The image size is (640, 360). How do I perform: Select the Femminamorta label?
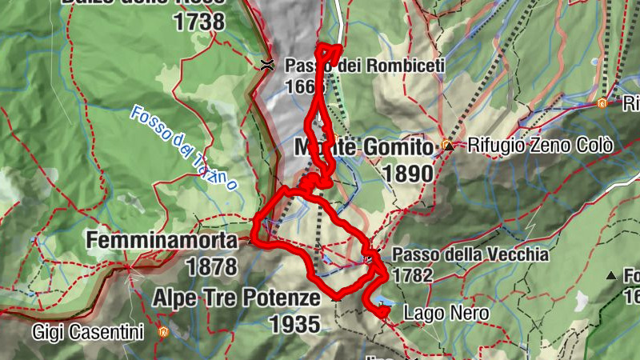coord(162,240)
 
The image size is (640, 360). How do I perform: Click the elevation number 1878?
coord(211,265)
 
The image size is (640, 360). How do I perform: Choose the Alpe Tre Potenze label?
coord(237,298)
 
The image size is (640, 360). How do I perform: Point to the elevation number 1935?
coord(294,324)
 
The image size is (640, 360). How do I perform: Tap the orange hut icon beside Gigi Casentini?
coord(163,330)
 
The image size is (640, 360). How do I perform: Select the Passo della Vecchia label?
coord(470,255)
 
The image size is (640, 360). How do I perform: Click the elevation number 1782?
coord(412,276)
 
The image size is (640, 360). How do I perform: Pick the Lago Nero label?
coord(446,313)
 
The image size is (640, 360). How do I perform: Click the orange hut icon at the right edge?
coord(602,102)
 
